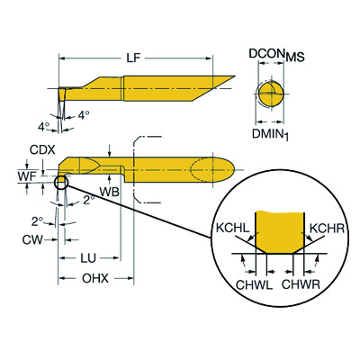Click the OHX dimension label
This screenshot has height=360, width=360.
(94, 279)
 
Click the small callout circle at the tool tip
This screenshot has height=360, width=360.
(61, 184)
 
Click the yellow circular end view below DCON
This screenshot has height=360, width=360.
(268, 94)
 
